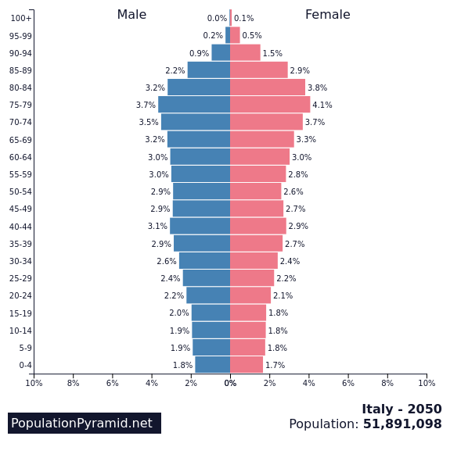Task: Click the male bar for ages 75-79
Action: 194,105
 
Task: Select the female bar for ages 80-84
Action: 268,88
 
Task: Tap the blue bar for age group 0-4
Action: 213,365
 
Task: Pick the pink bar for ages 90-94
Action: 245,52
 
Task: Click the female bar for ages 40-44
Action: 258,226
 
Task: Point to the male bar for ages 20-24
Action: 208,295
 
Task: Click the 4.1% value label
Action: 322,105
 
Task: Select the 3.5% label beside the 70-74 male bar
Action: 149,122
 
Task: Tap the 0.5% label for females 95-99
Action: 252,35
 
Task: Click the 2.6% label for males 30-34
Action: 167,261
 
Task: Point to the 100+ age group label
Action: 21,18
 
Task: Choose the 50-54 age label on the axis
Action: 20,191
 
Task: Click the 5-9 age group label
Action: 26,348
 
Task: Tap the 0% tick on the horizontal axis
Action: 230,383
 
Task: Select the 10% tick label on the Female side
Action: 427,383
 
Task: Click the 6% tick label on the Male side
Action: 113,383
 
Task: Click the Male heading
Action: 131,15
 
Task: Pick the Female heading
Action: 328,15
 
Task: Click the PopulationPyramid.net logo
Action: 85,423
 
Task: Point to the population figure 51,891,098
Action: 402,424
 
